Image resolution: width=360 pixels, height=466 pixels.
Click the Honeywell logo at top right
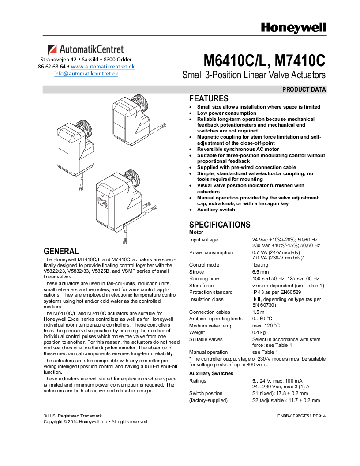293,27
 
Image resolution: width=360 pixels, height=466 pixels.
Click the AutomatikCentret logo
86,49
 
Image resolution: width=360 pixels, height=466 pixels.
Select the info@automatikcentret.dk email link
86,74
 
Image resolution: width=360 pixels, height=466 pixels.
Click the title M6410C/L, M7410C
264,60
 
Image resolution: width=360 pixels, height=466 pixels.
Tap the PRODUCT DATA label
304,90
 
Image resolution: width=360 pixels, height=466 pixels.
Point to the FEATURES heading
209,98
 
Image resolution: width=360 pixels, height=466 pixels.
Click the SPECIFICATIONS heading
220,225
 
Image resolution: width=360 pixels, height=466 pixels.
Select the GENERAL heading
61,251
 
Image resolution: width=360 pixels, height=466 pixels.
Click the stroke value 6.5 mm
260,272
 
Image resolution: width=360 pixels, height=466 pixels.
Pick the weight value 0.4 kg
259,332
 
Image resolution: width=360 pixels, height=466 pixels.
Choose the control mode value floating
260,265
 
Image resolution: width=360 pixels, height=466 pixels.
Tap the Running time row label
204,278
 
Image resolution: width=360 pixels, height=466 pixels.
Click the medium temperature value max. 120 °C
266,326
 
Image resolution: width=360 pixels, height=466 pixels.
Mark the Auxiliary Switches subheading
211,373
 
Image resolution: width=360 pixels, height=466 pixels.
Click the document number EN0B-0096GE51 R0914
302,416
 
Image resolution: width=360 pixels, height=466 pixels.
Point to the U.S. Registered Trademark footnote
72,416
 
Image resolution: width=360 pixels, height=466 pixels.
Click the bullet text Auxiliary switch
216,210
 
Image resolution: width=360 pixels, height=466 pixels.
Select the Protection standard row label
211,292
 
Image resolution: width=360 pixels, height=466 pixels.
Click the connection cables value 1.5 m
258,312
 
